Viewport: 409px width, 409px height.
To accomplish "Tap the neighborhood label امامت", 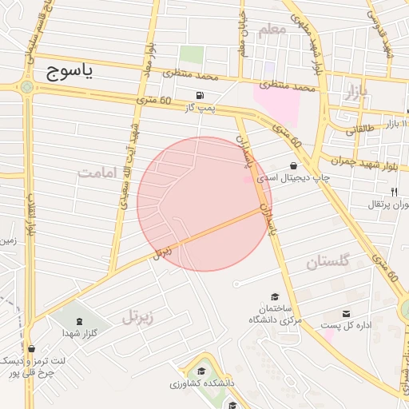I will pyautogui.click(x=98, y=173).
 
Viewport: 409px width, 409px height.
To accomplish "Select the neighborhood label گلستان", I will pyautogui.click(x=328, y=261).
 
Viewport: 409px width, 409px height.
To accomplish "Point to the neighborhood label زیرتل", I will pyautogui.click(x=141, y=318).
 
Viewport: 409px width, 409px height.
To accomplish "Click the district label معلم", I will pyautogui.click(x=272, y=30).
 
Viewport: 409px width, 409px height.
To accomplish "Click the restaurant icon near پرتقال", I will pyautogui.click(x=394, y=192).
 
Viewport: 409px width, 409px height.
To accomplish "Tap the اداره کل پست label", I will pyautogui.click(x=343, y=325).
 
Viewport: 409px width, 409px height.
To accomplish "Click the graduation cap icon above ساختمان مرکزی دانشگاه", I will pyautogui.click(x=275, y=296).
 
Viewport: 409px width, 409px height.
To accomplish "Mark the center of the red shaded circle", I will pyautogui.click(x=204, y=204).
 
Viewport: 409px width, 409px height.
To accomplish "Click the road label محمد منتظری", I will pyautogui.click(x=191, y=76).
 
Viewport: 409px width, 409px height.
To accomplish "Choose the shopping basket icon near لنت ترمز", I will pyautogui.click(x=30, y=348).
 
